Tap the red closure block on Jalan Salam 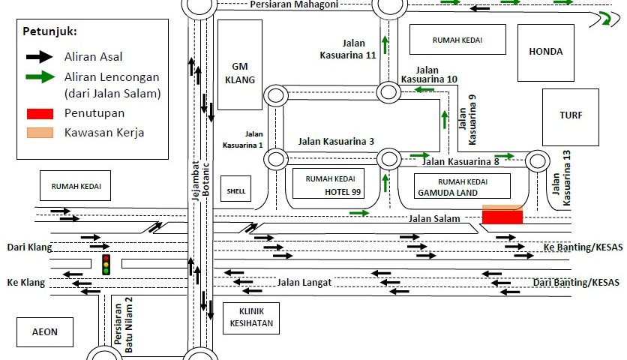tap(502, 217)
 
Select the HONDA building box tap(545, 52)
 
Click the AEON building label tap(43, 331)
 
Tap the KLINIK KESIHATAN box tap(250, 318)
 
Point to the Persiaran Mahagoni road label tap(294, 4)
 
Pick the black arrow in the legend tap(39, 56)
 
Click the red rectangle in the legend tap(40, 114)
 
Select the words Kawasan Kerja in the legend tap(94, 133)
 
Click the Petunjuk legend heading tap(49, 32)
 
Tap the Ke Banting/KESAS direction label tap(583, 247)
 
